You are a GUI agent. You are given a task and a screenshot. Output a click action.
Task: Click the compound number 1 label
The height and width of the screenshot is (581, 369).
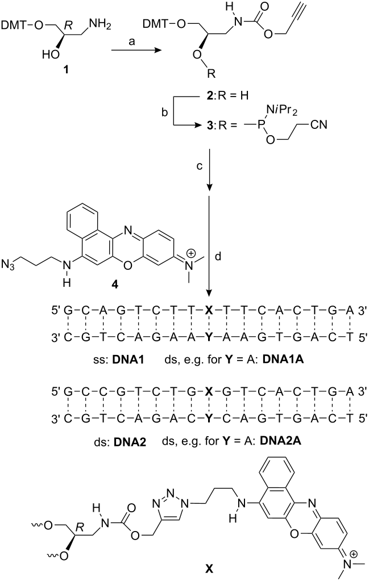point(67,69)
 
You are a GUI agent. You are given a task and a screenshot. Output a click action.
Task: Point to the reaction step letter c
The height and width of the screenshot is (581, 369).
point(200,166)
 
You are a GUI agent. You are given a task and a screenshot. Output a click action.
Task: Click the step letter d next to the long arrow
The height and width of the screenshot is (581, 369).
point(218,256)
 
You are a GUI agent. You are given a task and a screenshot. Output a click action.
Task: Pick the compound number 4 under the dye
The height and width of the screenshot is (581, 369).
point(115,286)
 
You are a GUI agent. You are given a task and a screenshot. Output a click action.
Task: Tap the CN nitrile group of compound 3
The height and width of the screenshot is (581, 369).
point(318,125)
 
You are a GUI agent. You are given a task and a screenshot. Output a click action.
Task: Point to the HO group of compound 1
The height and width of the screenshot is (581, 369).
point(49,55)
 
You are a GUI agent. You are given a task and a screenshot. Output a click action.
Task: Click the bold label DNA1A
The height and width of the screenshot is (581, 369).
point(283,359)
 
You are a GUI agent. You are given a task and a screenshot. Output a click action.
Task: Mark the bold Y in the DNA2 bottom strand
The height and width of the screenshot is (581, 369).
point(210,419)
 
